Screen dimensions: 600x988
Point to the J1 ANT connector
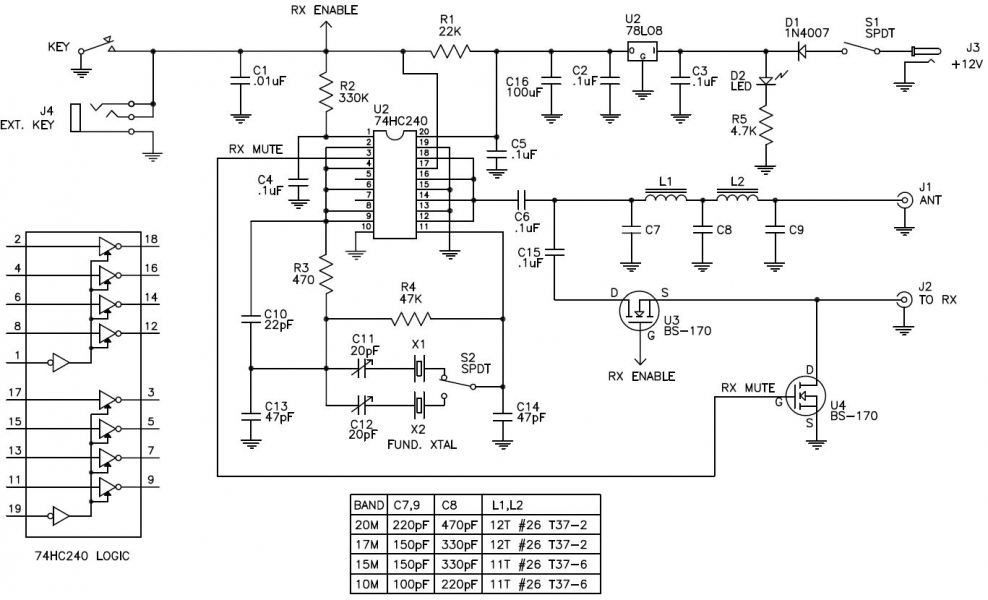click(904, 199)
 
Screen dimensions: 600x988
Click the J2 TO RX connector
click(904, 298)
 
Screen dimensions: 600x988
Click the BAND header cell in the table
click(369, 504)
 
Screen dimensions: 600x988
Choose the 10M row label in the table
click(365, 582)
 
